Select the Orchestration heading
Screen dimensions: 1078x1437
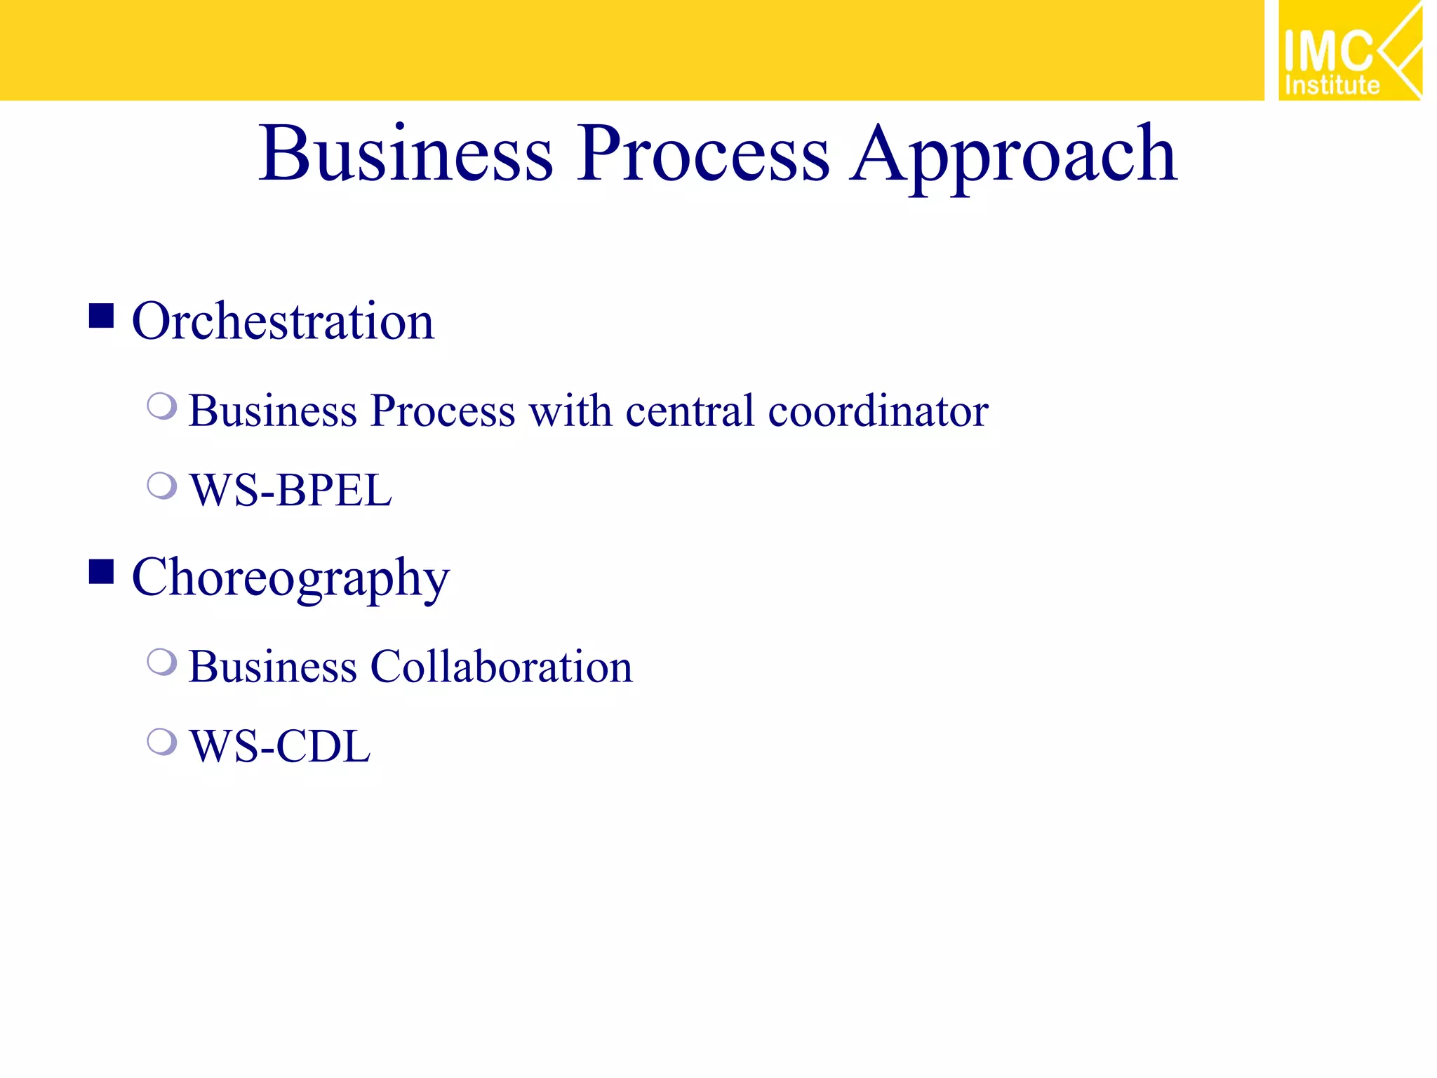pos(283,321)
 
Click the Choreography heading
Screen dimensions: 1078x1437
pos(290,578)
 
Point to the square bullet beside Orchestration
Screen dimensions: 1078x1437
pos(102,316)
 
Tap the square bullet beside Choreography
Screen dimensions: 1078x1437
pos(102,572)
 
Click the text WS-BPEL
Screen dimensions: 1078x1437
pos(290,490)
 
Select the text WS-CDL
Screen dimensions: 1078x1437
pos(280,746)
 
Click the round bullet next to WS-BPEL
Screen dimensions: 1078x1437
pos(162,485)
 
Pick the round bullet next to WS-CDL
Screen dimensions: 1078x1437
pos(162,741)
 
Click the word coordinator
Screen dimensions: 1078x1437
pos(878,411)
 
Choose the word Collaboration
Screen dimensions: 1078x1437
pos(502,667)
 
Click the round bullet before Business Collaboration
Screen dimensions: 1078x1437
pos(162,662)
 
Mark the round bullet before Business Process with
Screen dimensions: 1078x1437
pos(162,406)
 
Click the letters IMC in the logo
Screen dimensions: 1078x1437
pos(1328,51)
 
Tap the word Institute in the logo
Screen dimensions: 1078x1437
pos(1332,86)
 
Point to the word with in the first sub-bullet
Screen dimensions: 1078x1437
pos(570,411)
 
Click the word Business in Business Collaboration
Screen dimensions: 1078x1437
pos(273,667)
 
